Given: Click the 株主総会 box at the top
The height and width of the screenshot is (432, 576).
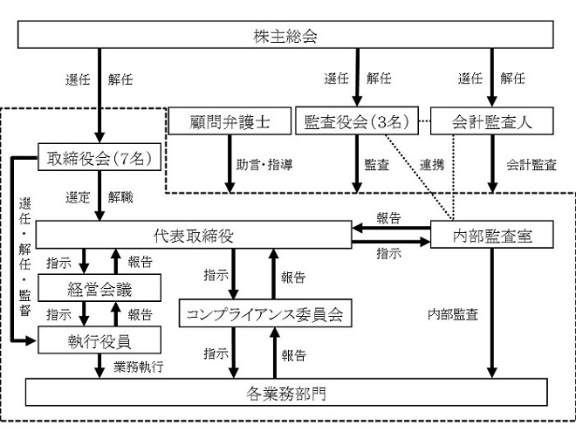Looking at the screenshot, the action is pyautogui.click(x=285, y=35).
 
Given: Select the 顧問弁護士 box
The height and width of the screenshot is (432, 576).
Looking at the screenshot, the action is pyautogui.click(x=230, y=120).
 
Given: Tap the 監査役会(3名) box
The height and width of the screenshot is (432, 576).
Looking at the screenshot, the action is pyautogui.click(x=357, y=120).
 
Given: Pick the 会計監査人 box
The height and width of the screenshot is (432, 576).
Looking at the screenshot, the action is pyautogui.click(x=492, y=120).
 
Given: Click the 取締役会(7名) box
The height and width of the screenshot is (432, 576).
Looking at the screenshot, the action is pyautogui.click(x=99, y=157).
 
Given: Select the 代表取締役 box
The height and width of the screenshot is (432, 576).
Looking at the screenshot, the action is pyautogui.click(x=194, y=235).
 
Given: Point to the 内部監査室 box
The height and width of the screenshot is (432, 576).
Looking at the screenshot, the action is pyautogui.click(x=492, y=235).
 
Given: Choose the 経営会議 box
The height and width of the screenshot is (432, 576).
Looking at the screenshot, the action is pyautogui.click(x=99, y=288).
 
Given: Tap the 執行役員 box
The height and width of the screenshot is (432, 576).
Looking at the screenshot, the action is pyautogui.click(x=99, y=340).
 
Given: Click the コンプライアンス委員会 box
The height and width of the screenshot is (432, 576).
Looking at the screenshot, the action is pyautogui.click(x=265, y=313).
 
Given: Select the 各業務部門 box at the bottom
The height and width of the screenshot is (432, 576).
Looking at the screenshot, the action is pyautogui.click(x=286, y=393).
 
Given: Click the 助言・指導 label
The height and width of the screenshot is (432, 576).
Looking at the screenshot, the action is pyautogui.click(x=264, y=164).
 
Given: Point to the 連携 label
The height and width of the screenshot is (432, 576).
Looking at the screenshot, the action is pyautogui.click(x=432, y=165).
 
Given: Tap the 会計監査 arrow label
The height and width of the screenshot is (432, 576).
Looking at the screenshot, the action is pyautogui.click(x=531, y=165).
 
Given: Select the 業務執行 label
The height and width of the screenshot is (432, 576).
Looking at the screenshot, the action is pyautogui.click(x=138, y=367).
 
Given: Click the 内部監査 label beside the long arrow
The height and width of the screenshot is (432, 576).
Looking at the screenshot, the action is pyautogui.click(x=453, y=314).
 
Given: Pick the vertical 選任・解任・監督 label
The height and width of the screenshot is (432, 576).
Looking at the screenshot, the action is pyautogui.click(x=24, y=257).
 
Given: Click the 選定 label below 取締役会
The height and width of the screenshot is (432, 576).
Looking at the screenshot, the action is pyautogui.click(x=78, y=197).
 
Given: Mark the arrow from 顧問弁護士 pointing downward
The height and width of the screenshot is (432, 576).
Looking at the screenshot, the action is pyautogui.click(x=230, y=164).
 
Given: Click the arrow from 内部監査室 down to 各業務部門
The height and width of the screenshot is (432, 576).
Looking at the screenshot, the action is pyautogui.click(x=492, y=313).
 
